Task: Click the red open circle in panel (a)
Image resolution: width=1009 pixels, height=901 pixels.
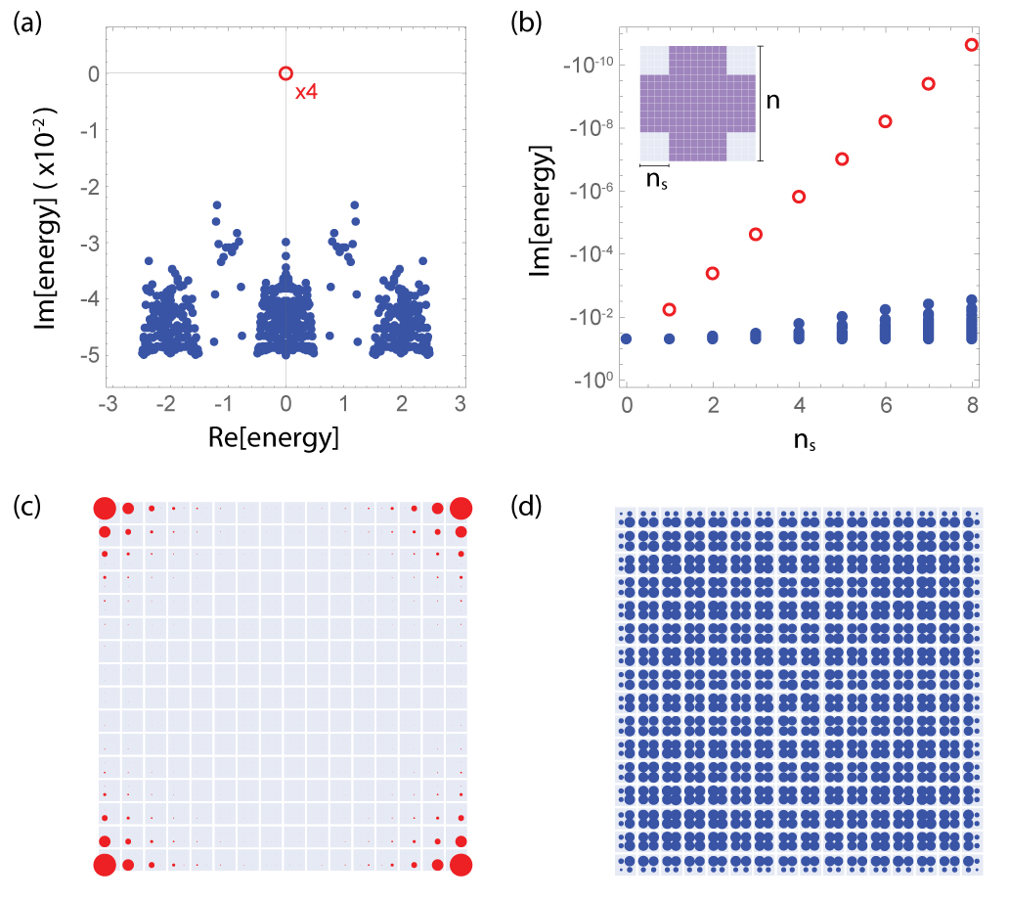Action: click(285, 72)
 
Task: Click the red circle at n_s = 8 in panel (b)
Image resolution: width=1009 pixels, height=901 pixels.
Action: click(971, 45)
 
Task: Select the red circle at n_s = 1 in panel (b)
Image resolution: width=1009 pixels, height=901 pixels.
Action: click(670, 309)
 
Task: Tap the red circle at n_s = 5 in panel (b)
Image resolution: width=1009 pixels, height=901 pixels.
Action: click(842, 158)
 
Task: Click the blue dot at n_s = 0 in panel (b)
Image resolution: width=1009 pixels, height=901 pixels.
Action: click(626, 338)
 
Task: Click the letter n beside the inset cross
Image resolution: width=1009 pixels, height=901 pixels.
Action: click(772, 100)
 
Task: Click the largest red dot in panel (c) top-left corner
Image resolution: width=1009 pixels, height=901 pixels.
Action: click(105, 509)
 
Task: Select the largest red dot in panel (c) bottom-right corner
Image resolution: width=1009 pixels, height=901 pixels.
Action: click(461, 864)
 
